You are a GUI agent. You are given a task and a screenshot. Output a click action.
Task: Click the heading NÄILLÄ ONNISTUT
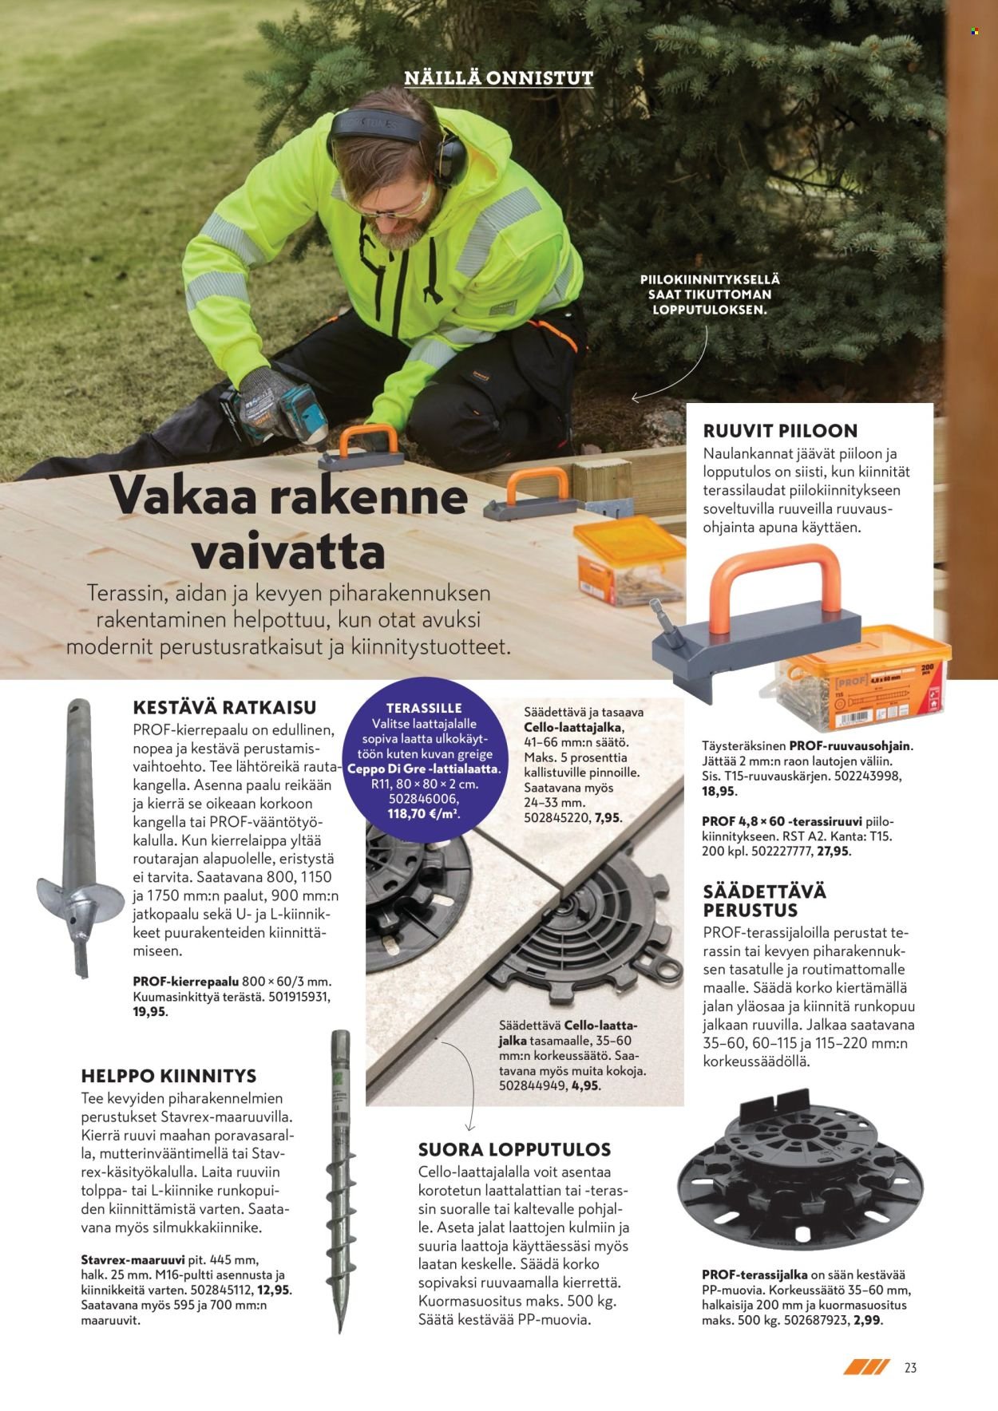pos(498,78)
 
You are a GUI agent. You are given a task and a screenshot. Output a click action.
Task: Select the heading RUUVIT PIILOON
pos(780,431)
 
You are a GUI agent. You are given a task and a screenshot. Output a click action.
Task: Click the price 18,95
pos(719,792)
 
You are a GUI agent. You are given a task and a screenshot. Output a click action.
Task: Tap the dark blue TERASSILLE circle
pos(423,764)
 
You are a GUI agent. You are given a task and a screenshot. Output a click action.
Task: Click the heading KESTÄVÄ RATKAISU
pos(224,707)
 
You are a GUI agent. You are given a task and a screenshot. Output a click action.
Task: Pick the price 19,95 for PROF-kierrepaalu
pos(150,1011)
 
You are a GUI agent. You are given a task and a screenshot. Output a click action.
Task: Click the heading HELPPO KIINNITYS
pos(168,1076)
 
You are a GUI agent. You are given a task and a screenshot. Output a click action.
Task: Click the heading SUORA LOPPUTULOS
pos(514,1149)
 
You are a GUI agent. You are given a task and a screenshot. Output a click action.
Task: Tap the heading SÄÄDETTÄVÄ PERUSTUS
pos(764,900)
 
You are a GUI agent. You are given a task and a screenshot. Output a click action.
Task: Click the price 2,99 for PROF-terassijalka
pos(869,1320)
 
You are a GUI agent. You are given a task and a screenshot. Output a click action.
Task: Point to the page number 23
pos(910,1368)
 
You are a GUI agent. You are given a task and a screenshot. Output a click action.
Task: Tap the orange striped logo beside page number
pos(866,1367)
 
